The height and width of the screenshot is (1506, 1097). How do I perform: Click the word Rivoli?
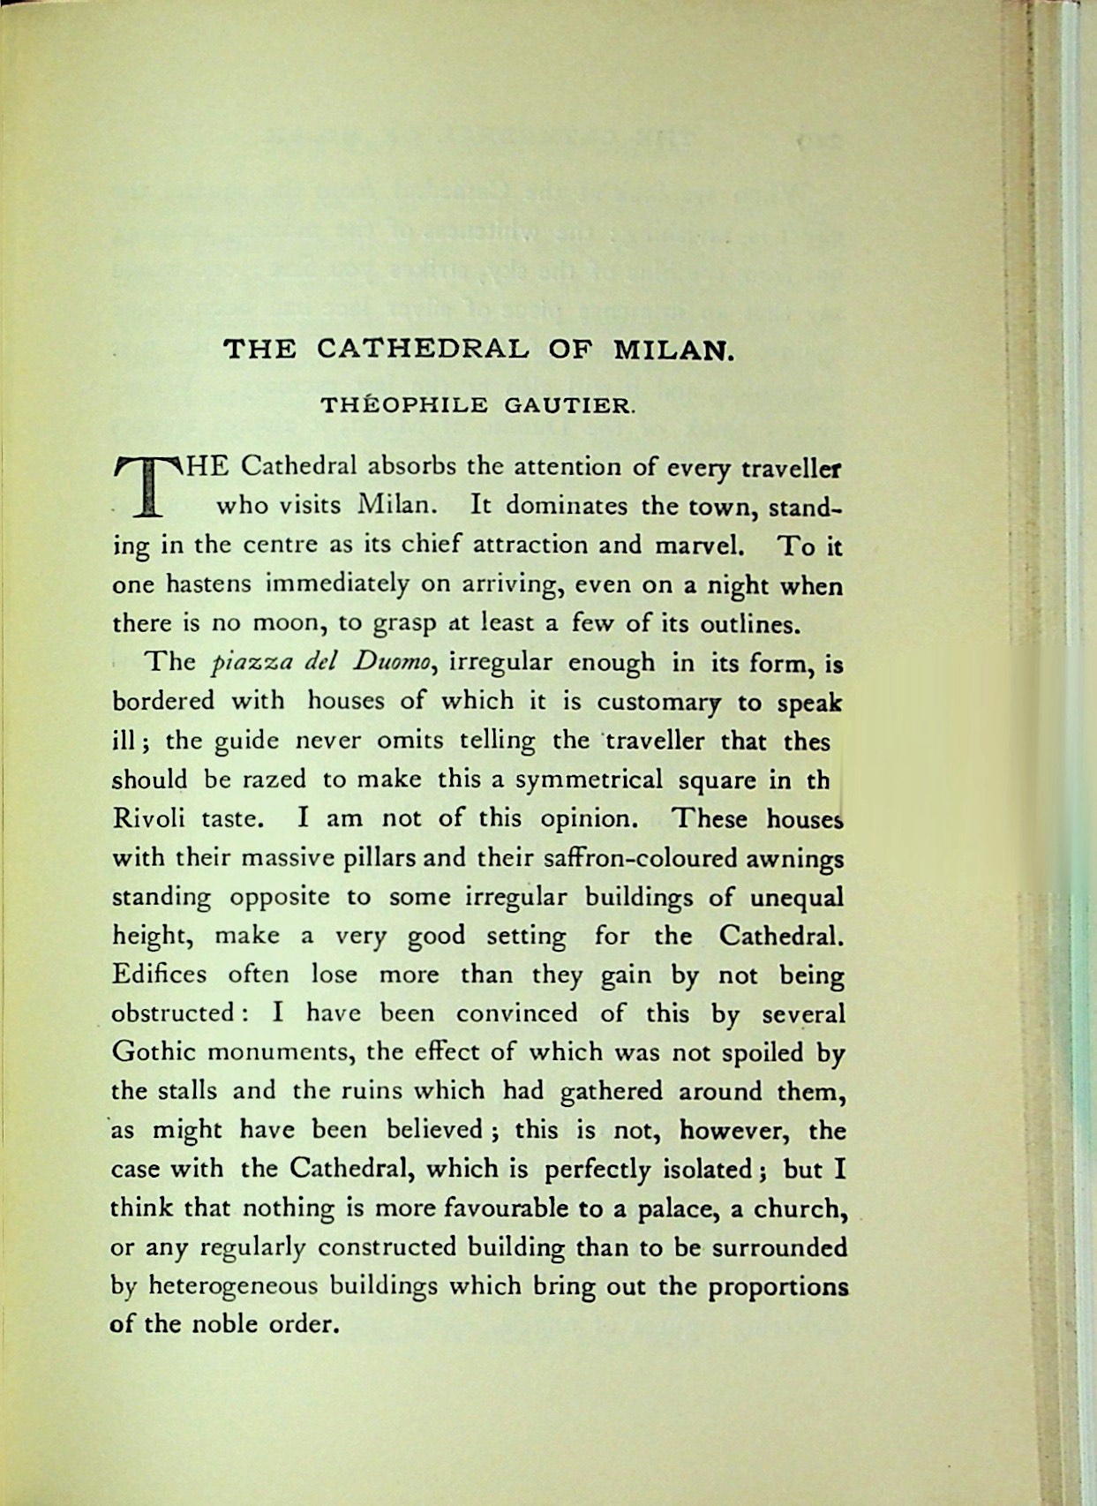click(148, 818)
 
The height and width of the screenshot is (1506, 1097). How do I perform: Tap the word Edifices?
click(159, 975)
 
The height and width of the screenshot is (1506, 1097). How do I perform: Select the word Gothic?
click(155, 1052)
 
